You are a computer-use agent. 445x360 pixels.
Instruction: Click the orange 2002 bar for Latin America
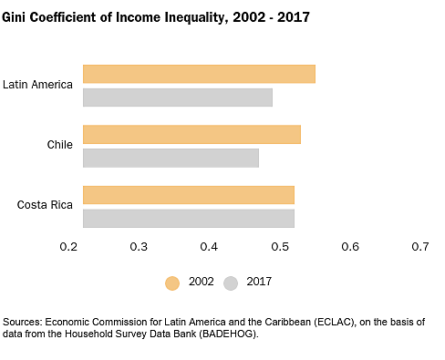click(x=199, y=74)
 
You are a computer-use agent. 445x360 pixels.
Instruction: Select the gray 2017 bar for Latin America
click(x=178, y=98)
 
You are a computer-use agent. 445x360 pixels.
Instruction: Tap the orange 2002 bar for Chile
click(x=191, y=134)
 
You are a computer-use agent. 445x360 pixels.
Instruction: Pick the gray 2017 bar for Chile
click(x=171, y=158)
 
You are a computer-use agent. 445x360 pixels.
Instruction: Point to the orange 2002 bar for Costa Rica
click(x=189, y=194)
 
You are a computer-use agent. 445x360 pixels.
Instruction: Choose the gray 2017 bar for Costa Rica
click(x=189, y=218)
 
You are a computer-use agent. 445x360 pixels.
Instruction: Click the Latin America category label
click(x=37, y=85)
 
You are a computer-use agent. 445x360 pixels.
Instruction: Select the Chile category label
click(x=60, y=145)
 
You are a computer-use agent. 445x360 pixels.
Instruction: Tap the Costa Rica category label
click(x=45, y=205)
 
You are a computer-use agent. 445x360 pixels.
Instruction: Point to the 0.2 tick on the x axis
click(x=68, y=247)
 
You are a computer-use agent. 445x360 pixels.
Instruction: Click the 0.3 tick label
click(x=139, y=247)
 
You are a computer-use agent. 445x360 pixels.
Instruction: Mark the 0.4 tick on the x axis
click(x=209, y=247)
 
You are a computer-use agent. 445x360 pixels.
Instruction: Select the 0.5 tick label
click(x=279, y=247)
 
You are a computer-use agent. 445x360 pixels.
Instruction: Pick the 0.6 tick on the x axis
click(x=349, y=247)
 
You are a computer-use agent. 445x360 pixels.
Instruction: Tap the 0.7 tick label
click(x=419, y=247)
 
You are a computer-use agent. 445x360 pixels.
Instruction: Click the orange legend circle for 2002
click(x=172, y=283)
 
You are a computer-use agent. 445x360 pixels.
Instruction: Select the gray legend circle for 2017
click(x=232, y=283)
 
